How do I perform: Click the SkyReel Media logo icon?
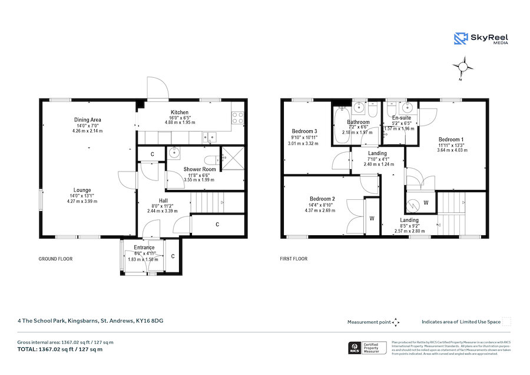(x=461, y=39)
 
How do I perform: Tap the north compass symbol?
(x=464, y=67)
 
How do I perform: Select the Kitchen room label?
(x=180, y=112)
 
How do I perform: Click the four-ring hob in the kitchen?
(x=238, y=118)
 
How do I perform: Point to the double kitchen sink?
(x=208, y=137)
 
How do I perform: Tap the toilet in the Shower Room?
(x=210, y=159)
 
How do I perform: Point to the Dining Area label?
(x=87, y=120)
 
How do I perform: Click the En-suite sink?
(x=405, y=108)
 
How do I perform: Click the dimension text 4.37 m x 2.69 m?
(x=320, y=210)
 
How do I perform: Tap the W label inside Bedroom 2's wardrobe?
(x=372, y=218)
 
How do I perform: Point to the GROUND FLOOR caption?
(x=55, y=259)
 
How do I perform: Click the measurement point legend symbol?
(x=396, y=322)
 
